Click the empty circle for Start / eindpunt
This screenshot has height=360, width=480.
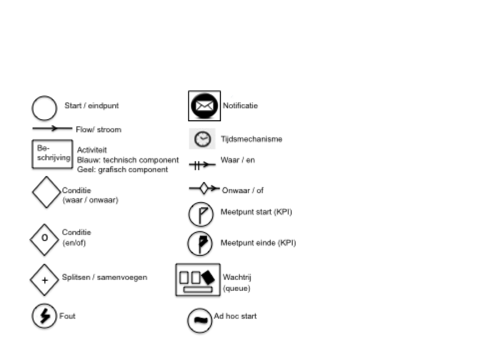click(44, 108)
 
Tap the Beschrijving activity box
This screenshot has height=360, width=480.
click(52, 153)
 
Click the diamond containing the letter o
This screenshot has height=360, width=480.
click(45, 239)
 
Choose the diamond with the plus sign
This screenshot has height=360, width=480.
click(45, 280)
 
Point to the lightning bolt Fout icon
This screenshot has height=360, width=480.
click(44, 316)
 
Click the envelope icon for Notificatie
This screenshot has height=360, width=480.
click(204, 105)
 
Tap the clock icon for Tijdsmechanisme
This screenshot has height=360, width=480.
click(202, 139)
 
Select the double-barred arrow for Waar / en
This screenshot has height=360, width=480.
click(202, 164)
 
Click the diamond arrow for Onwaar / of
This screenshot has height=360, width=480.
click(204, 189)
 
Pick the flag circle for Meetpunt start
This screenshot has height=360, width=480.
click(200, 214)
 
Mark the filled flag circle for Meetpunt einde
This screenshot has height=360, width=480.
click(200, 243)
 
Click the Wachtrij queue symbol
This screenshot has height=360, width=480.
click(198, 280)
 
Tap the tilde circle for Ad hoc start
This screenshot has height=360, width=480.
click(199, 320)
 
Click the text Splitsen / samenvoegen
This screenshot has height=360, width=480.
click(105, 277)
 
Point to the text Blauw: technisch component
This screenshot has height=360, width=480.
click(128, 160)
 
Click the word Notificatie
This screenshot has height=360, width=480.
click(240, 105)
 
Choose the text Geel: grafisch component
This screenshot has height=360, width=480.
click(122, 169)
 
